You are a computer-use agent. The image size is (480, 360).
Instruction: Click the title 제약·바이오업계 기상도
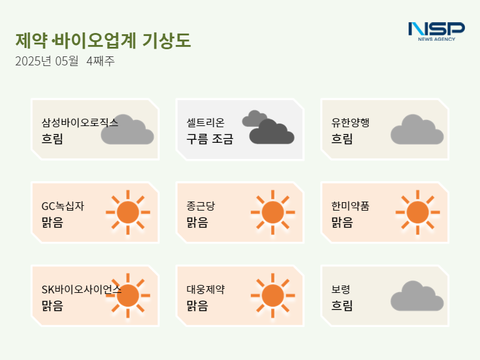pos(103,40)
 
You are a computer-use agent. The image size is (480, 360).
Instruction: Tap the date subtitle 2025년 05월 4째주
pos(65,61)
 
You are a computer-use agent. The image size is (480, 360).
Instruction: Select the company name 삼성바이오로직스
pos(80,122)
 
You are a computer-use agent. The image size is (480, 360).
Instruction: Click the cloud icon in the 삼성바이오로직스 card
pos(127,130)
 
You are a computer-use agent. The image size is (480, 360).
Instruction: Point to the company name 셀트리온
pos(205,122)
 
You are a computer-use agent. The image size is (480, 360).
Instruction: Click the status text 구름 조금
pos(210,139)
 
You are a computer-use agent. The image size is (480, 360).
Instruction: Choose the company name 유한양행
pos(350,122)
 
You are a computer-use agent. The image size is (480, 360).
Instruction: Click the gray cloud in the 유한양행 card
pos(417,130)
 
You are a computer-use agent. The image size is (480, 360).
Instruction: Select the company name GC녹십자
pos(63,206)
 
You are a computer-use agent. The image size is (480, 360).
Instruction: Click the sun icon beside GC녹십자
pos(128,212)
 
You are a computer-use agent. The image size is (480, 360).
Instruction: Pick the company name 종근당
pos(201,206)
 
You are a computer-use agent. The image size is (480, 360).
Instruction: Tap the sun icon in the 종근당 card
pos(273,212)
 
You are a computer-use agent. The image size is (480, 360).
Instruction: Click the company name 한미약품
pos(350,206)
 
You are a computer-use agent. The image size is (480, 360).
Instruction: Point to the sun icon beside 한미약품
pos(418,212)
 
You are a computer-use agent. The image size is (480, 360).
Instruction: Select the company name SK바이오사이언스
pos(82,289)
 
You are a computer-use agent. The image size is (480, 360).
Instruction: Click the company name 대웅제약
pos(206,289)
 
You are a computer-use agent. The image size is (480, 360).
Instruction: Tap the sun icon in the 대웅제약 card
pos(273,295)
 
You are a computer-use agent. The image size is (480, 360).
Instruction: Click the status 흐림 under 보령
pos(342,305)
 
